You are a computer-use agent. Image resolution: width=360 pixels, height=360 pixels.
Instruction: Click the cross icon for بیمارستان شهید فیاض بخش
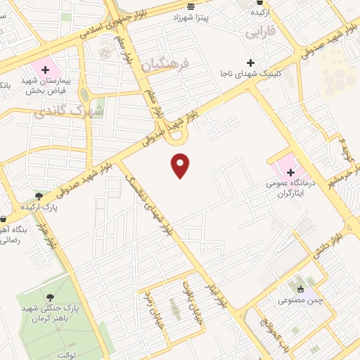46,70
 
